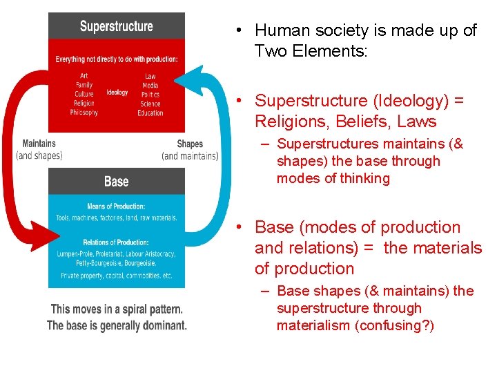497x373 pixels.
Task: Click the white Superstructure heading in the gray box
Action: coord(116,27)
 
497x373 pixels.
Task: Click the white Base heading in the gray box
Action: coord(116,182)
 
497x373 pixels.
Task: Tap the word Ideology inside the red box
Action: coord(117,93)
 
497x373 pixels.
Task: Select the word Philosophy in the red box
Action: coord(84,113)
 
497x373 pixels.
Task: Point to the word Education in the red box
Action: coord(150,113)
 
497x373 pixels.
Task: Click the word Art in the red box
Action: coord(84,76)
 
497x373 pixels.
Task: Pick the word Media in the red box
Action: coord(150,86)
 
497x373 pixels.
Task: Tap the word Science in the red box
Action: coord(150,104)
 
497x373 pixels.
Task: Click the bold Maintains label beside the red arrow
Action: coord(39,144)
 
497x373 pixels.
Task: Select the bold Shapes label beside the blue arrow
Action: coord(190,144)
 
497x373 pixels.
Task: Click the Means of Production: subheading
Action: coord(116,207)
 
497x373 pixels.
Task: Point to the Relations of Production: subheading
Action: coord(116,242)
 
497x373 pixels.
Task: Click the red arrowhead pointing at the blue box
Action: coord(38,232)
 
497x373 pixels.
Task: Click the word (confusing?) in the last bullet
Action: coord(394,325)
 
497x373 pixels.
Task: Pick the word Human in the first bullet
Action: coord(277,30)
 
